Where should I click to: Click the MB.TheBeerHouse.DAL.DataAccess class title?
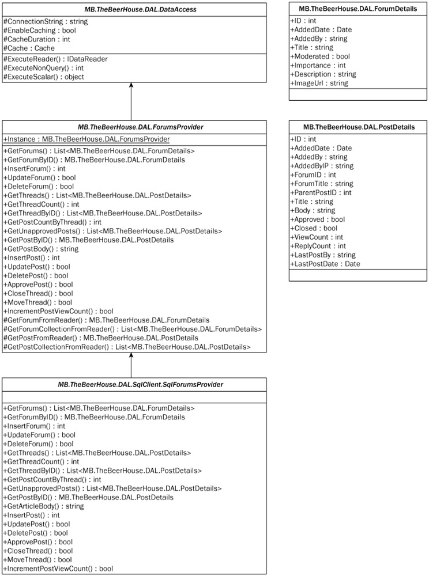[x=134, y=9]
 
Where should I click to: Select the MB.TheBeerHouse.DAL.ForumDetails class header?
[x=353, y=9]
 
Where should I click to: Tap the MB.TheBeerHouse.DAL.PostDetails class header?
[x=353, y=127]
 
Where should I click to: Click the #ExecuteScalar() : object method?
[x=44, y=77]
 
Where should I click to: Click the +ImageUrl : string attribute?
[x=319, y=84]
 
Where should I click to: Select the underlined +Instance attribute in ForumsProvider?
[x=86, y=139]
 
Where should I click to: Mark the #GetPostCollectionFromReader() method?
[x=127, y=347]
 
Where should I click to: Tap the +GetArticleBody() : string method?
[x=43, y=506]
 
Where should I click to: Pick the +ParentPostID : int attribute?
[x=321, y=193]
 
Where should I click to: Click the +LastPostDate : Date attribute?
[x=325, y=264]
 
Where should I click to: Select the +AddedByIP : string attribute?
[x=322, y=166]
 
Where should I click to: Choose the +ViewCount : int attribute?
[x=317, y=237]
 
